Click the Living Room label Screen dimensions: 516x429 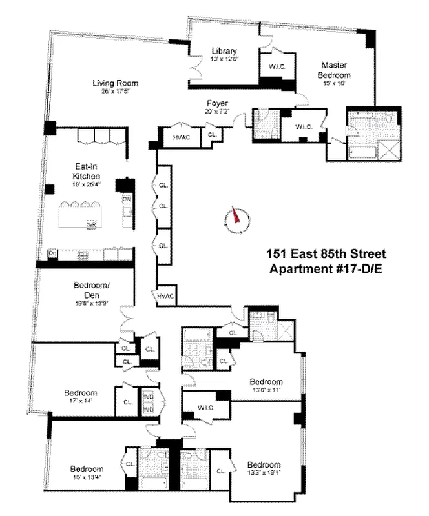115,83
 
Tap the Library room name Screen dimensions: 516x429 224,51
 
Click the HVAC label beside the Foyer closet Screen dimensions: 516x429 181,137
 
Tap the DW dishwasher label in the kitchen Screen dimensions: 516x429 126,199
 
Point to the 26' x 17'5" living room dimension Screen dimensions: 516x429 115,92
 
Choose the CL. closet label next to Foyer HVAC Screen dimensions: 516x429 212,135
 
